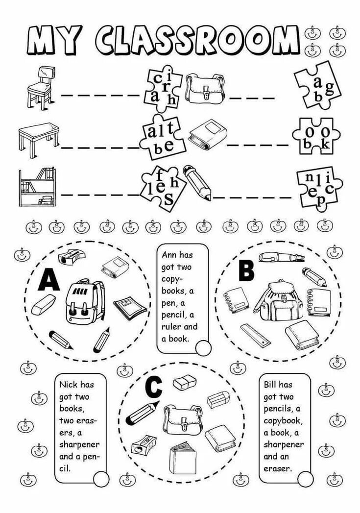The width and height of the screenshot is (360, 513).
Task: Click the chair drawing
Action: (39, 87)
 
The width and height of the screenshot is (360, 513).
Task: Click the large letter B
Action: (246, 270)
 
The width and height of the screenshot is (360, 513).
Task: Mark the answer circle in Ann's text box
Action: (202, 348)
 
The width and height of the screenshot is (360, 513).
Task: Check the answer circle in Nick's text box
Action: (100, 478)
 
